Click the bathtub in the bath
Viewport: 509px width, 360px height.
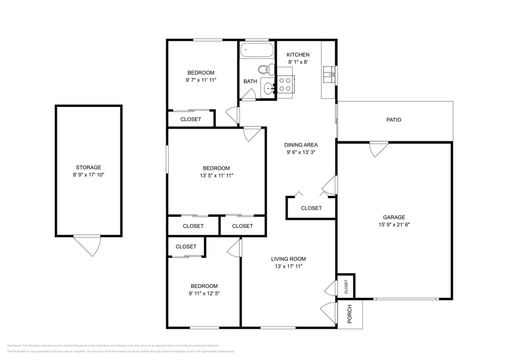click(x=257, y=50)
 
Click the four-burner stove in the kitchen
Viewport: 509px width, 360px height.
click(x=285, y=84)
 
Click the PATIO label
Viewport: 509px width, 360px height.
click(x=393, y=120)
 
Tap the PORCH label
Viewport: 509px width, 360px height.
click(x=349, y=314)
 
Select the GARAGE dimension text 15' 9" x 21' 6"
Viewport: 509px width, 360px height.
click(x=394, y=224)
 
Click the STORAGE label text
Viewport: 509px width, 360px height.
click(x=88, y=167)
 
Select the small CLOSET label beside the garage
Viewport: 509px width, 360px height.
click(x=346, y=286)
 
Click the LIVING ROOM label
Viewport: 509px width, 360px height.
click(x=288, y=259)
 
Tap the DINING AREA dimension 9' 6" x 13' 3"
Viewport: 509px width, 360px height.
click(x=301, y=152)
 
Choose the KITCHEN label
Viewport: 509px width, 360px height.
click(x=298, y=55)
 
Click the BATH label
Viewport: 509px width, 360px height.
click(x=250, y=81)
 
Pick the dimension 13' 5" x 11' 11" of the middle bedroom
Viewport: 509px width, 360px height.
click(x=216, y=175)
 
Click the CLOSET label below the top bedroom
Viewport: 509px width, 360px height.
click(x=190, y=119)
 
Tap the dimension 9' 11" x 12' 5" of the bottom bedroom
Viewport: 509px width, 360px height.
click(x=204, y=293)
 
